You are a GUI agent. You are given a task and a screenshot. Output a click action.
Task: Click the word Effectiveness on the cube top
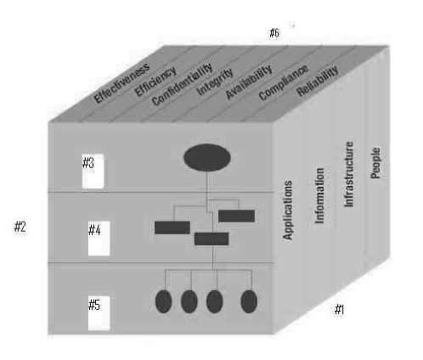pos(121,82)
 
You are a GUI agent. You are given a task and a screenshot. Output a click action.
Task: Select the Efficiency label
pos(155,82)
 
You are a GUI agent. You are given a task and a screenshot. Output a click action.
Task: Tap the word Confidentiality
pos(182,84)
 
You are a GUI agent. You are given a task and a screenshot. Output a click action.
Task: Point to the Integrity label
pos(215,82)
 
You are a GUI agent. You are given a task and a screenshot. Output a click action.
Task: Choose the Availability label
pos(249,82)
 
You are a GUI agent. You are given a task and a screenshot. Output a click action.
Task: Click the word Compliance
pos(284,82)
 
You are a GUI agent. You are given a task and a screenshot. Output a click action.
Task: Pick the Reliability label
pos(318,81)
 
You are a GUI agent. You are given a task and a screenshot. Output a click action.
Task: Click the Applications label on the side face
pos(287,211)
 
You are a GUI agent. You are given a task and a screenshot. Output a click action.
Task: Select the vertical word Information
pos(319,195)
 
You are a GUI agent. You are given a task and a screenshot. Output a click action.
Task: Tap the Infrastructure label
pos(349,174)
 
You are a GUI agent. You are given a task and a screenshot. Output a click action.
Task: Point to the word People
pos(375,163)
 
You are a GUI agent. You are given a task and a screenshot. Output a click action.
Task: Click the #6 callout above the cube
pos(274,33)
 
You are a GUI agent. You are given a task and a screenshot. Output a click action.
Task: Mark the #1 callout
pos(339,309)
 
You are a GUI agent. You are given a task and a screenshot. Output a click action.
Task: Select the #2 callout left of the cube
pos(20,227)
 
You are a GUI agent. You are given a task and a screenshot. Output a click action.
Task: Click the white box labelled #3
pos(93,171)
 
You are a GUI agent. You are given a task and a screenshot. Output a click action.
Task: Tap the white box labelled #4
pos(99,239)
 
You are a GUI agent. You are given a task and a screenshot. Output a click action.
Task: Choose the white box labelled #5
pos(99,313)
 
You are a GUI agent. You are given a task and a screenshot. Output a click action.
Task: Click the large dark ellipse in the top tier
pos(207,157)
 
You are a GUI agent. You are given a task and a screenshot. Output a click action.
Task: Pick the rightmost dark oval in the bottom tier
pos(249,301)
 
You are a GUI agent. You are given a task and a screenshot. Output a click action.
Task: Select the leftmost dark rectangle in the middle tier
pos(172,228)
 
